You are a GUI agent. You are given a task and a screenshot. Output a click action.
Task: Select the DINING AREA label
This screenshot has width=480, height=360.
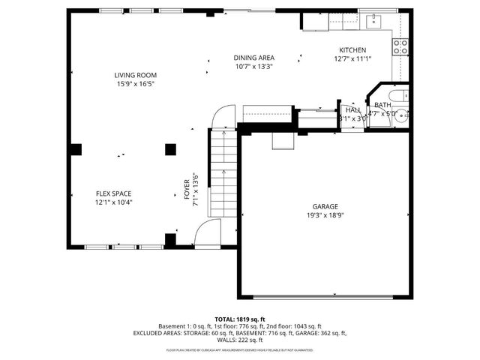(x=253, y=58)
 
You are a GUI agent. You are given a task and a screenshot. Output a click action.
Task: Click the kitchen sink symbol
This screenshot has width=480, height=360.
(x=374, y=21)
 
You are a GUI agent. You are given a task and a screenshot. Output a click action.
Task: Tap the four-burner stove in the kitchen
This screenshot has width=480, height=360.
(x=401, y=47)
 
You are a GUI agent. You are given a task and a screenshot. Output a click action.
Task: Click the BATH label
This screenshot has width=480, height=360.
(x=382, y=105)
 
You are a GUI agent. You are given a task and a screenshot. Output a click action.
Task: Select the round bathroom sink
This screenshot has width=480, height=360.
(x=402, y=116)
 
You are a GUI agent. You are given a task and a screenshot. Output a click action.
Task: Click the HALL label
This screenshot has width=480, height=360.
(x=352, y=109)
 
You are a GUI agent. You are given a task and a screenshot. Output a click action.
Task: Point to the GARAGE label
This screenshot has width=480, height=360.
(x=325, y=206)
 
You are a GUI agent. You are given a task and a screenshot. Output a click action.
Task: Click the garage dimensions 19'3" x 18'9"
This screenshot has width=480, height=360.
(x=325, y=215)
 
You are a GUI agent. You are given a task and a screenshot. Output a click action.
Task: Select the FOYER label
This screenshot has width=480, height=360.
(x=187, y=190)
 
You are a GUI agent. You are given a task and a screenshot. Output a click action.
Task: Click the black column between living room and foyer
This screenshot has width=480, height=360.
(x=170, y=149)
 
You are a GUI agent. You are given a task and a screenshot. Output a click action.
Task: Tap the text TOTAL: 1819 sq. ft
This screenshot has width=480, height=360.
(x=240, y=319)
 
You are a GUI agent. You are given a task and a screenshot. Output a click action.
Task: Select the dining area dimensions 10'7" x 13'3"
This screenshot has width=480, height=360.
(x=253, y=67)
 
